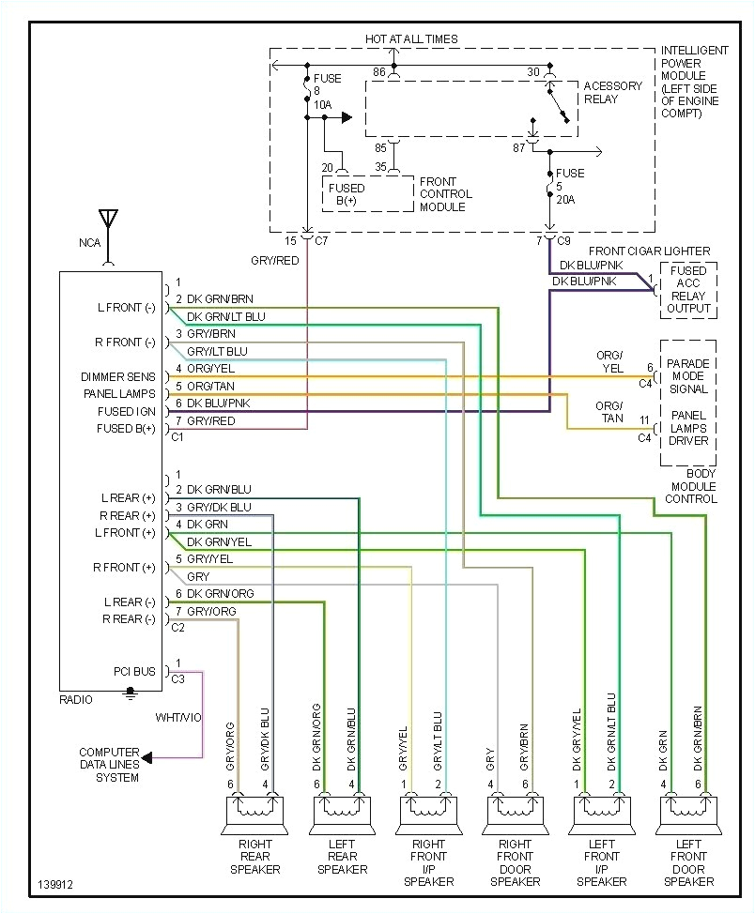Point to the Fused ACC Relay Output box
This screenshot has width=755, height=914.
pos(688,290)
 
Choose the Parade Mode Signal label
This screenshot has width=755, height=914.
pos(688,375)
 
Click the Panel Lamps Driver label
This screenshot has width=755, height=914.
pos(688,427)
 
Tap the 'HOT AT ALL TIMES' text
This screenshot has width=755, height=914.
pos(411,38)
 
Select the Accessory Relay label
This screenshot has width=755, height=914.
pos(612,92)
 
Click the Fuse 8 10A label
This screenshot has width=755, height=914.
pos(327,92)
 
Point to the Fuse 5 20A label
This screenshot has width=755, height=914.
pos(569,187)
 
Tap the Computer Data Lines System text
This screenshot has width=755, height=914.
pos(109,765)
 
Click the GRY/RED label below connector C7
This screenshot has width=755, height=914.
pos(274,260)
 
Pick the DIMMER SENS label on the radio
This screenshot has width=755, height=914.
pos(118,377)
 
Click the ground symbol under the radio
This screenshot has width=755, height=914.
pos(131,695)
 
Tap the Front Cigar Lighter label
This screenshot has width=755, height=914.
pos(650,251)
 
